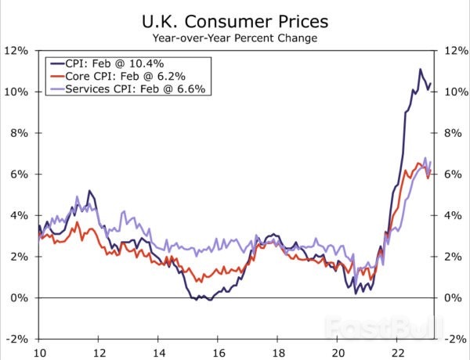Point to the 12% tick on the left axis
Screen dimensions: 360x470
[x=17, y=50]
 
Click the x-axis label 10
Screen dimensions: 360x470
[x=38, y=352]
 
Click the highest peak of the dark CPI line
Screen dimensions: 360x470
[x=420, y=70]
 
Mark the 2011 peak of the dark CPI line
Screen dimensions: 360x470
[x=89, y=190]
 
